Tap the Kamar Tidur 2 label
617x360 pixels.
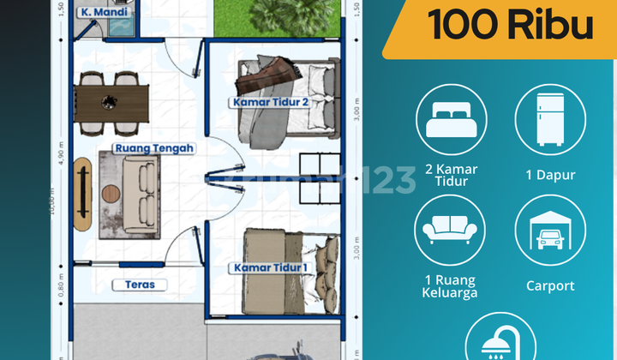click(x=269, y=102)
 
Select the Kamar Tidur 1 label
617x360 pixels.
click(x=269, y=268)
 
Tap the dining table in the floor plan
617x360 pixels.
click(x=111, y=102)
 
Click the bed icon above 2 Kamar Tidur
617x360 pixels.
click(x=451, y=119)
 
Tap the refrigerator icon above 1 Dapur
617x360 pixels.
click(x=550, y=119)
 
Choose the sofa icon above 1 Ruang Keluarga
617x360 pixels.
click(x=451, y=231)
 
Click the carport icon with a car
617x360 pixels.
click(x=550, y=231)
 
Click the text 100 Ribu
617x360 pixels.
click(x=511, y=26)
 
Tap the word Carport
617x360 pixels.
click(x=550, y=285)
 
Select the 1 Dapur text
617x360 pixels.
click(x=550, y=175)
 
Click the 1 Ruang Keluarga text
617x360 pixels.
click(x=451, y=285)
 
